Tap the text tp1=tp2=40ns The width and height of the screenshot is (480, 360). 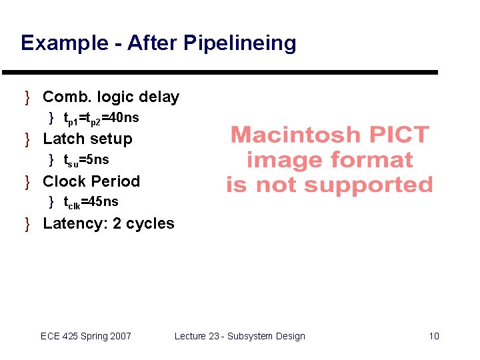[101, 119]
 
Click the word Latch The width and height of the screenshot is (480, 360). [63, 139]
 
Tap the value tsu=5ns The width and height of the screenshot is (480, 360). [86, 160]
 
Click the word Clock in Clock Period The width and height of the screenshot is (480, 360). [64, 181]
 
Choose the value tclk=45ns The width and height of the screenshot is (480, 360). [91, 202]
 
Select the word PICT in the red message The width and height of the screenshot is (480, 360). [399, 135]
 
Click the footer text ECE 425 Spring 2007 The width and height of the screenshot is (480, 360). [86, 336]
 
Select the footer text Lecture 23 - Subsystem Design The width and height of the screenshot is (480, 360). [239, 336]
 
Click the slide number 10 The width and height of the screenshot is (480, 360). [434, 336]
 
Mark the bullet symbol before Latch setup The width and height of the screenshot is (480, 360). [28, 139]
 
